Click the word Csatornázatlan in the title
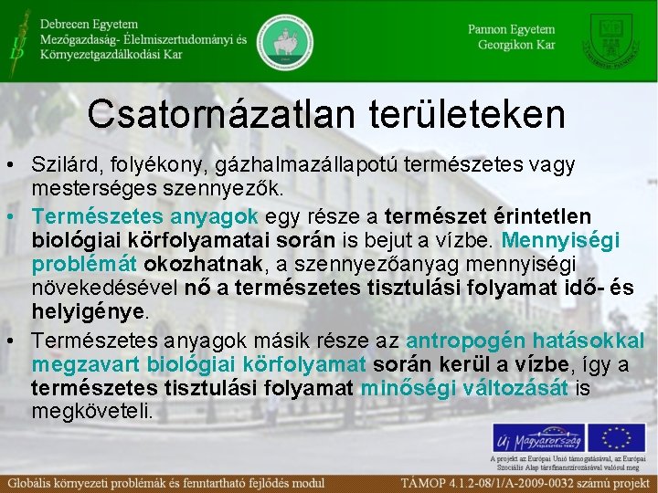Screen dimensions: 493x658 pyautogui.click(x=215, y=114)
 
